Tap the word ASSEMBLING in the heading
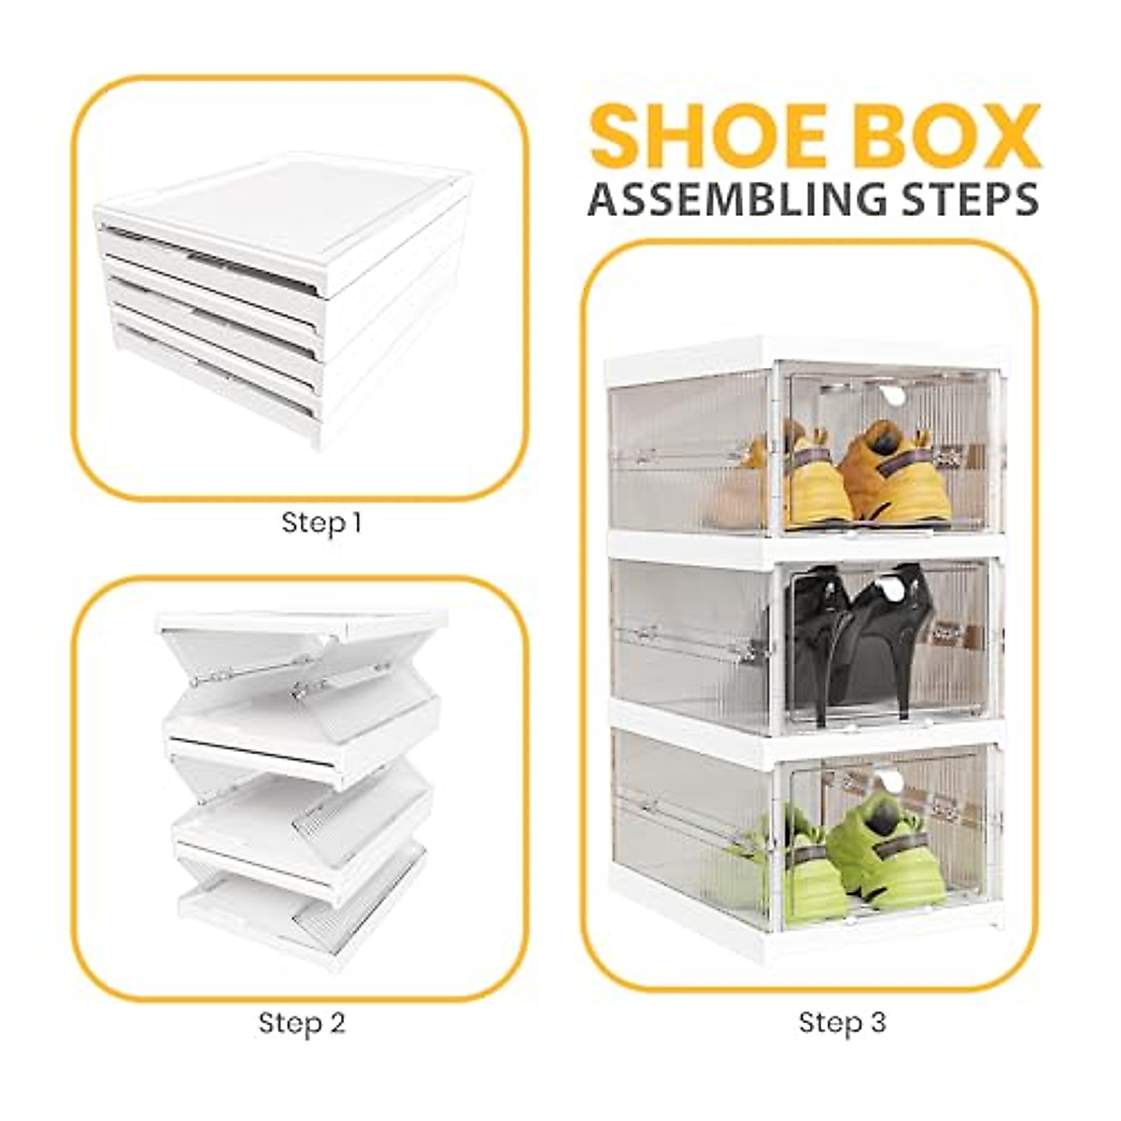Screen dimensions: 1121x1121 (738, 199)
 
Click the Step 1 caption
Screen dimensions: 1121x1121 (321, 522)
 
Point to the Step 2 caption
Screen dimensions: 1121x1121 (302, 1023)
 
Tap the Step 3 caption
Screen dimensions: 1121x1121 (842, 1023)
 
